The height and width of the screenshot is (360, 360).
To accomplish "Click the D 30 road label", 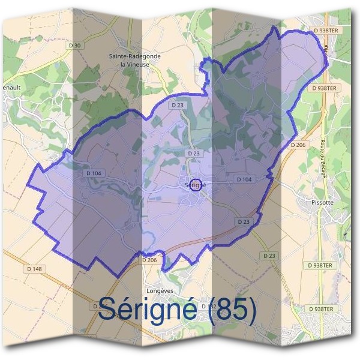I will [74, 46].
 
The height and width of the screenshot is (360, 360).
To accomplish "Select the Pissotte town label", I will [307, 203].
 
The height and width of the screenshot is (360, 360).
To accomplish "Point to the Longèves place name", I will [160, 290].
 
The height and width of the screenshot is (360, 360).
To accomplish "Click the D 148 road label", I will [34, 269].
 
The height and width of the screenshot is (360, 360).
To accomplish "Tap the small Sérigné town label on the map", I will [196, 185].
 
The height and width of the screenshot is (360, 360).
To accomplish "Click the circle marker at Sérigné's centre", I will [195, 182].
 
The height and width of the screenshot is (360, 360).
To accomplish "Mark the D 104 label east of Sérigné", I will [244, 179].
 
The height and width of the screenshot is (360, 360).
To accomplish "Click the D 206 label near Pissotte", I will [299, 145].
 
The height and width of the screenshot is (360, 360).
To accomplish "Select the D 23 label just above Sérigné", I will [193, 154].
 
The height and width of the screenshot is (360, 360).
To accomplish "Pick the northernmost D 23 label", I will [177, 105].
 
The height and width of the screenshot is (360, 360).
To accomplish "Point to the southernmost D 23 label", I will [269, 256].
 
